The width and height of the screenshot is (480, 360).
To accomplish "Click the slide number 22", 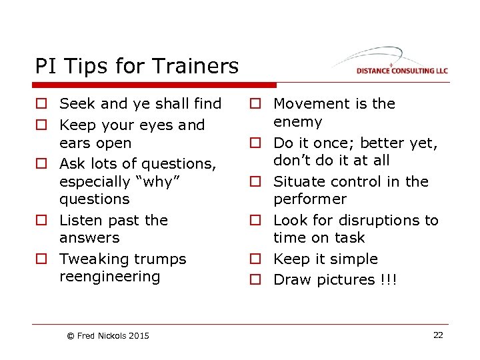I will click(x=438, y=335).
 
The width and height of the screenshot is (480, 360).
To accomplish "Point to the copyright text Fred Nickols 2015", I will click(x=108, y=335).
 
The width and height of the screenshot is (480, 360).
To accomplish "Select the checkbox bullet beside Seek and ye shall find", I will click(x=41, y=104).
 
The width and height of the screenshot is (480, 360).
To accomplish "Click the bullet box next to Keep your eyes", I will click(x=41, y=125).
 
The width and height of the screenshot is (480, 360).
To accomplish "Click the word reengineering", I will click(x=110, y=277).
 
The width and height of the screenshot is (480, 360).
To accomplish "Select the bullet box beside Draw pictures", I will click(x=255, y=280).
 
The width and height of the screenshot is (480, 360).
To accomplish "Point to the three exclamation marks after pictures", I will click(x=389, y=280).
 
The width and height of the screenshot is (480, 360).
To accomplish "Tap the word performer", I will click(x=310, y=199).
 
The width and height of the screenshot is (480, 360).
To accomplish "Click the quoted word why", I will click(x=158, y=181).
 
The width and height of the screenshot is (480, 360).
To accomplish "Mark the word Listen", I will click(x=80, y=220).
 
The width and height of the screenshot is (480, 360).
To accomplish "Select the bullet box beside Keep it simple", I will click(x=255, y=259).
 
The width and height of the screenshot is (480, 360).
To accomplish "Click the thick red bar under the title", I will click(x=154, y=85).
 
